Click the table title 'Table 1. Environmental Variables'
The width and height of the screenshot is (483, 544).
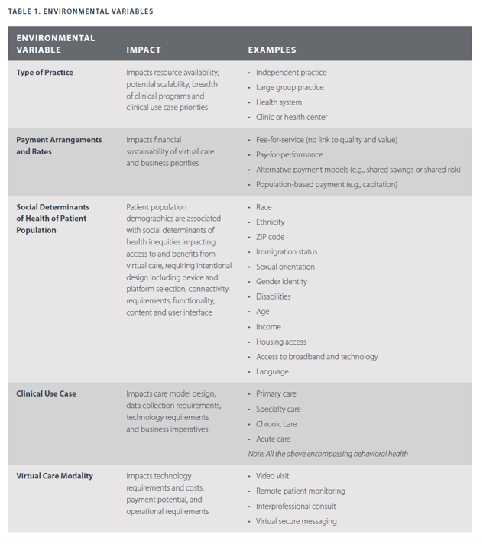[80, 11]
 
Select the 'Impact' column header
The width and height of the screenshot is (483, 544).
[144, 50]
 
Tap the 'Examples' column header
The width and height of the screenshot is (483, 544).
[271, 50]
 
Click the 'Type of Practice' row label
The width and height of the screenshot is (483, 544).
[45, 73]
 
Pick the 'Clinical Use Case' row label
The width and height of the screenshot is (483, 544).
[47, 394]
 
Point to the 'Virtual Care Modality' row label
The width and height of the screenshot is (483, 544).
[54, 476]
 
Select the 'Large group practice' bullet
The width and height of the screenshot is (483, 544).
[290, 87]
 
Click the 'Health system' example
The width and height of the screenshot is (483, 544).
[279, 102]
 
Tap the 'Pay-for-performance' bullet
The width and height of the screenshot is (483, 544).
[290, 154]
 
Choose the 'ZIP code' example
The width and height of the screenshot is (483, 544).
[271, 237]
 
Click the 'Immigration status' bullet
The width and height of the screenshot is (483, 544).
[287, 252]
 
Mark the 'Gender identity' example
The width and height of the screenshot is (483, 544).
[282, 282]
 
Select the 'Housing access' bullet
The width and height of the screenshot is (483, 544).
[281, 342]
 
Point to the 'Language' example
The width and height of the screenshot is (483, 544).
[272, 371]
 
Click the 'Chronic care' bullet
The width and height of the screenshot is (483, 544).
[277, 424]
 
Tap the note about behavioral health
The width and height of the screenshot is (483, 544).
[328, 454]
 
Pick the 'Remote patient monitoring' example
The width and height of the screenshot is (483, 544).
[300, 491]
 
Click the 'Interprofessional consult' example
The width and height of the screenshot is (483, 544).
[296, 506]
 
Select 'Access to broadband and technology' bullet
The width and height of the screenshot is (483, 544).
[316, 357]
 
